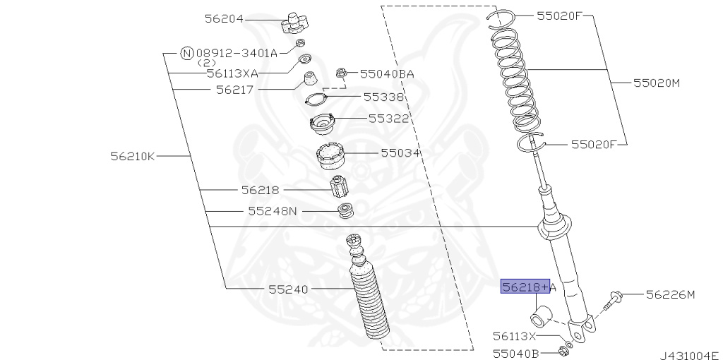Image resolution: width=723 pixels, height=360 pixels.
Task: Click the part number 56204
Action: pyautogui.click(x=224, y=19)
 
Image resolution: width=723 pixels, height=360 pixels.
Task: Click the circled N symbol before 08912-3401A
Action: pyautogui.click(x=186, y=52)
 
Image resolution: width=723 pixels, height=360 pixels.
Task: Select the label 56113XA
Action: pyautogui.click(x=232, y=72)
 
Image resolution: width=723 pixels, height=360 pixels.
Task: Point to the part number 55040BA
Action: pyautogui.click(x=386, y=73)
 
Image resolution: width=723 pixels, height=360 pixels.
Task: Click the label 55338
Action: pyautogui.click(x=383, y=97)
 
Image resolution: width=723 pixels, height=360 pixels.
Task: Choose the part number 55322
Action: pyautogui.click(x=388, y=118)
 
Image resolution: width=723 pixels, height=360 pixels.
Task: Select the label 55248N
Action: pyautogui.click(x=273, y=210)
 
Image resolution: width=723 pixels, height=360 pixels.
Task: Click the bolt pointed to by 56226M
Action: pyautogui.click(x=613, y=299)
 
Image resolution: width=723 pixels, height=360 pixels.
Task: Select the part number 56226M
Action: pyautogui.click(x=670, y=294)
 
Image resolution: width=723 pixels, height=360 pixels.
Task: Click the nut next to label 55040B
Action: pyautogui.click(x=563, y=351)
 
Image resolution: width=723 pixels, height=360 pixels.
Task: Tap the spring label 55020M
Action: pyautogui.click(x=656, y=83)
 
